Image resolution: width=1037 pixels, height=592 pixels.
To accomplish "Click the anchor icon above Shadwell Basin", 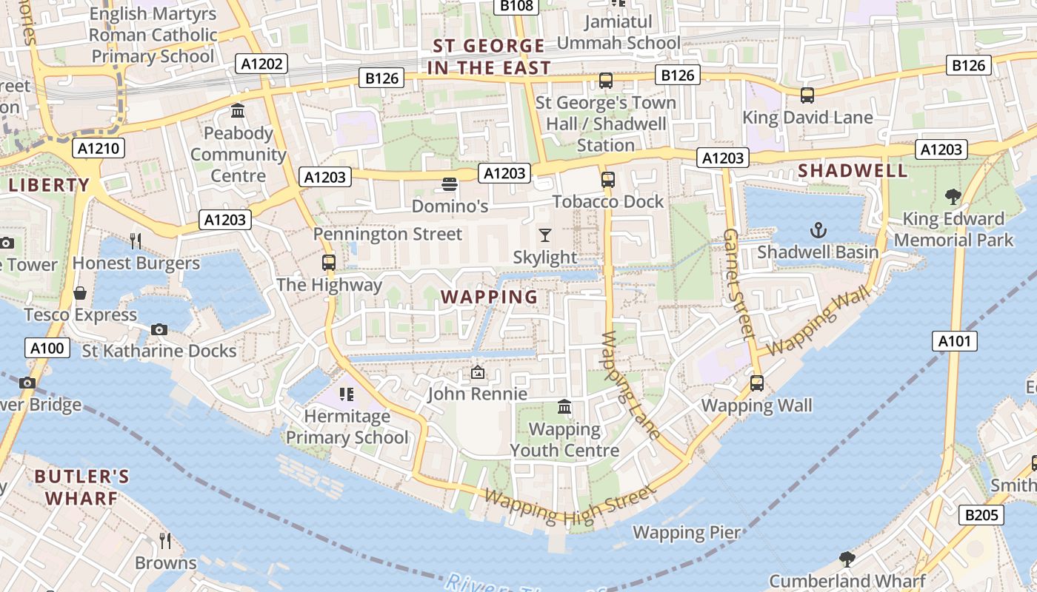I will (x=818, y=230).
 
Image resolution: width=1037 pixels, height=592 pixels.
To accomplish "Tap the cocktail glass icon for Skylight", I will (x=545, y=235).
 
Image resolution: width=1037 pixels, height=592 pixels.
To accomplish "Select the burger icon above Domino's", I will (x=450, y=184).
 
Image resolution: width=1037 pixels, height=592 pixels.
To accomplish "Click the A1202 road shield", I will (x=262, y=64).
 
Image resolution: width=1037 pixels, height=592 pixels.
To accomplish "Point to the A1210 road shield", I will (x=99, y=149).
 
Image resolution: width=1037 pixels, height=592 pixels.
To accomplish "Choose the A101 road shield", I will (x=954, y=341).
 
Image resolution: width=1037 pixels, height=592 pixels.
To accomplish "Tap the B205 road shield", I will (x=981, y=515).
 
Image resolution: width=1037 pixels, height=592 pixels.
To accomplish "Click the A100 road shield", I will (x=47, y=348).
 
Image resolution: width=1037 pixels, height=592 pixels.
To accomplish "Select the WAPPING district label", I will (x=490, y=297).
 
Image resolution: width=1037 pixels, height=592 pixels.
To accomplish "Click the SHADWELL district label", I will (x=853, y=170).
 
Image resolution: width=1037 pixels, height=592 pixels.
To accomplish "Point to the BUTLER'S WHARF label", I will (x=81, y=487).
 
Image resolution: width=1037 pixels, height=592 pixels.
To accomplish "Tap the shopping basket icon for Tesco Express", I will (x=80, y=294).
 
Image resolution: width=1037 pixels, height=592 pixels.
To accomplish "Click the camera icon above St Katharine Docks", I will (x=159, y=329).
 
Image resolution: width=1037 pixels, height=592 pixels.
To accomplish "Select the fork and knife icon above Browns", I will (x=165, y=541).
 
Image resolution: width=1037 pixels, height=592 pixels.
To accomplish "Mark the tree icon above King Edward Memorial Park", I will (x=953, y=197).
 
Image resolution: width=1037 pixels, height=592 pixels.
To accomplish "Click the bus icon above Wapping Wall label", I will (x=756, y=383).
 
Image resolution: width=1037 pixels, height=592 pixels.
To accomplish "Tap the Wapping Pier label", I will (x=686, y=532).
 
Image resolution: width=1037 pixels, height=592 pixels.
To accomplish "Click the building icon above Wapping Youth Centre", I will (x=564, y=407).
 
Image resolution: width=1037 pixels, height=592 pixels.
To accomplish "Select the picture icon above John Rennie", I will (x=478, y=372).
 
